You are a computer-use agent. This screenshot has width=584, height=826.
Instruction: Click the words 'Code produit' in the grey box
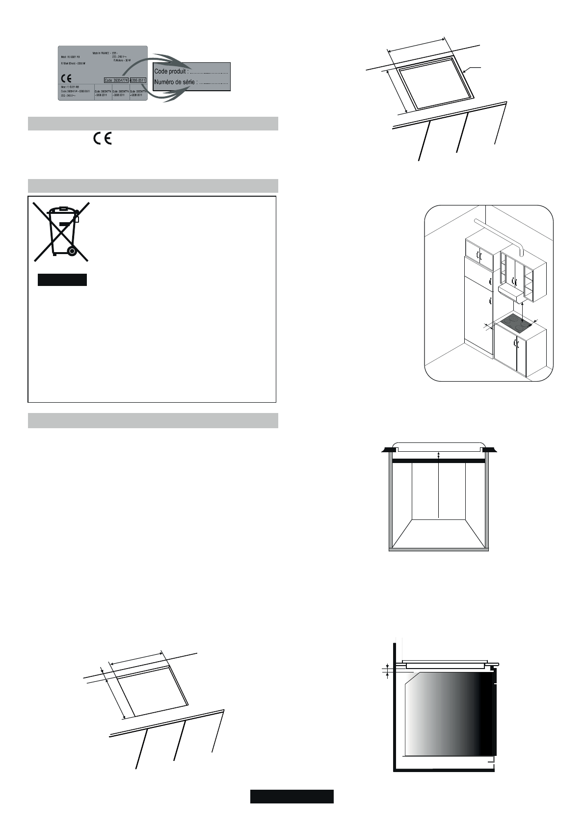point(171,72)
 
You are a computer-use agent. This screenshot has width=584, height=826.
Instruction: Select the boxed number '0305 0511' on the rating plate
point(138,80)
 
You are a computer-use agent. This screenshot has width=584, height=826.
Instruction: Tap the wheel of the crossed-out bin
point(72,252)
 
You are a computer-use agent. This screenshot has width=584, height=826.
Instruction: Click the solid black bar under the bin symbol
point(62,280)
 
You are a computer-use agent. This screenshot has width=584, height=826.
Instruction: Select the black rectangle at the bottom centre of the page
point(292,796)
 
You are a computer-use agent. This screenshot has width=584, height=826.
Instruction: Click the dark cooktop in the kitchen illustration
point(514,324)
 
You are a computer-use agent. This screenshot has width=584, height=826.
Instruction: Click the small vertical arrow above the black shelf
point(439,456)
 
